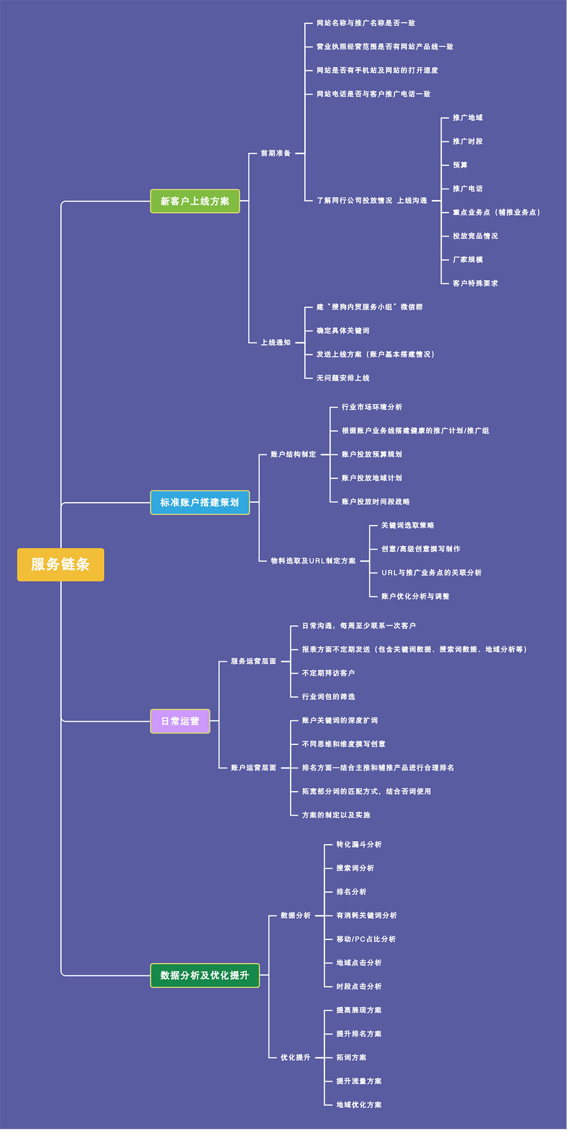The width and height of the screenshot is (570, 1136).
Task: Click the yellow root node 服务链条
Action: pos(60,564)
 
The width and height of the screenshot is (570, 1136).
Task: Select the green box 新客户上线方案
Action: pos(195,201)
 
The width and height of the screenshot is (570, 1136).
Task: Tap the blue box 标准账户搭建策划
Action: pos(199,502)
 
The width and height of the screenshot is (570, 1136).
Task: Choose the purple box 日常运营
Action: pos(180,721)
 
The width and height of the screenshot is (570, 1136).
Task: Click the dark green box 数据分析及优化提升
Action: pos(205,975)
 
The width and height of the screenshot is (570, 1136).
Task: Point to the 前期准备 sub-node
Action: pos(276,153)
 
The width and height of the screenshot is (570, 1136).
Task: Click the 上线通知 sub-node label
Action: pos(276,343)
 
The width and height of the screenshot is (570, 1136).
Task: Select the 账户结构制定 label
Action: pos(294,454)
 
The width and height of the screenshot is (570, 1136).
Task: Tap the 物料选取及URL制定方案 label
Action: pos(313,561)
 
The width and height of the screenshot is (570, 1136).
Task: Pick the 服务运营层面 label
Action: pos(254,661)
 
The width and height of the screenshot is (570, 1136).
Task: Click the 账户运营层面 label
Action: pos(254,768)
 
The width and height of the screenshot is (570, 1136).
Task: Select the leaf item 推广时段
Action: pos(467,141)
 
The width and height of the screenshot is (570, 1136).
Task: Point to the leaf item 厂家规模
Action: pos(467,259)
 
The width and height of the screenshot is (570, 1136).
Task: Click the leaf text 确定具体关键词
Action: pos(343,331)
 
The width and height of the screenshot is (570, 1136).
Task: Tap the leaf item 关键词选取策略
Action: pos(408,526)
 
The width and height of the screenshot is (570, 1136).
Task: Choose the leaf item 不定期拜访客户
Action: pos(328,673)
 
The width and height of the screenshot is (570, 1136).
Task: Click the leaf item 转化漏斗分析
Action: pos(359,845)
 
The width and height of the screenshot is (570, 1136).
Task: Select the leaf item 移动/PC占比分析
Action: pos(366,939)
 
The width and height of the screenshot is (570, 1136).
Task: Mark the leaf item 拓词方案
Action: pos(351,1057)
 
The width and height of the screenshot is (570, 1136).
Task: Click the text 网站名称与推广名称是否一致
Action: pos(366,23)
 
